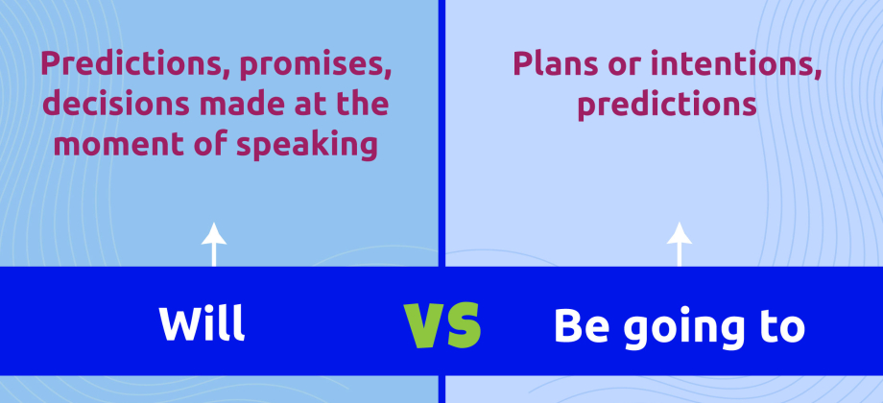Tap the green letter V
click(423, 326)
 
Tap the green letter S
click(463, 326)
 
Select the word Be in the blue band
click(578, 326)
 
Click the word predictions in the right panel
click(667, 105)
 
